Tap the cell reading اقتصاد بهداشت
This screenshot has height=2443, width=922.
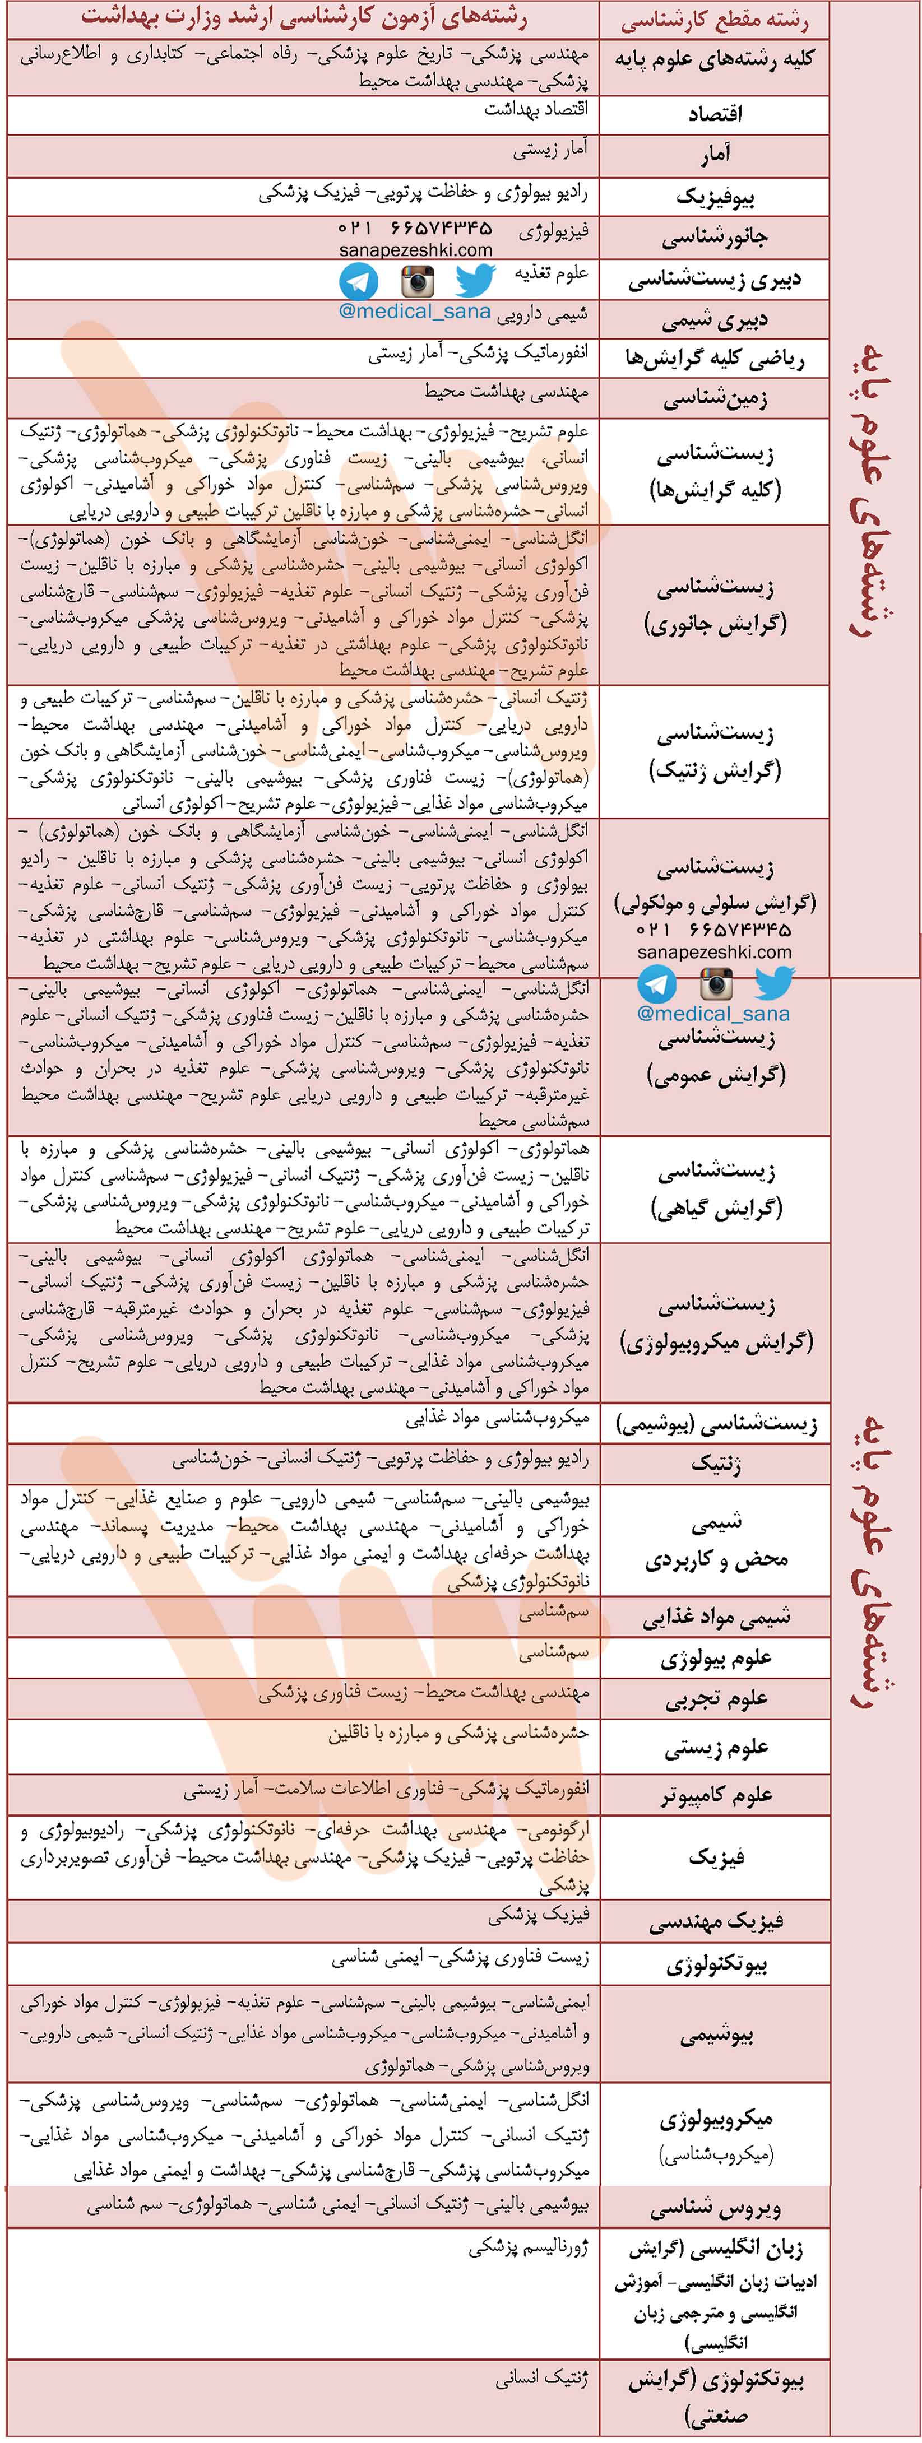coord(535,109)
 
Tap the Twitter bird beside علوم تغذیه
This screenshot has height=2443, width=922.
coord(474,281)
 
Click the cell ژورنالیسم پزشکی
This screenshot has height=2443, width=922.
coord(529,2247)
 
